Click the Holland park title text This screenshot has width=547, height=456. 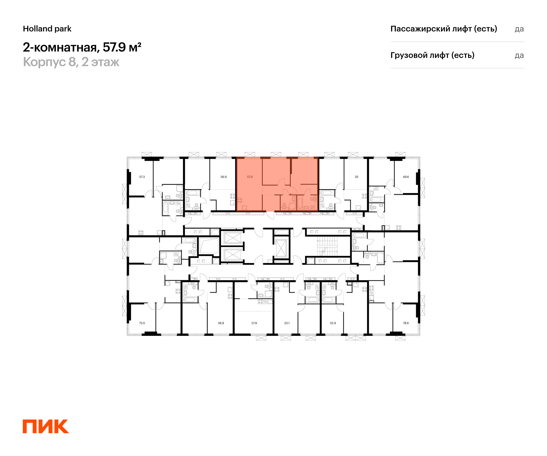tap(47, 29)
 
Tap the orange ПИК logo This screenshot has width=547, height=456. tap(46, 426)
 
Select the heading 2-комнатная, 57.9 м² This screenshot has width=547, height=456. tap(82, 47)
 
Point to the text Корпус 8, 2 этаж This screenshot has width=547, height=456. tap(71, 62)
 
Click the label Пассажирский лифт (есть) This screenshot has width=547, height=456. tap(443, 29)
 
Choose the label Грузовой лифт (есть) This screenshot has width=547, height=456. tap(432, 55)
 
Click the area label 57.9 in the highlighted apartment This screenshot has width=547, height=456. tap(250, 177)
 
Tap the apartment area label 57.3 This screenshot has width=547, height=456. tap(142, 177)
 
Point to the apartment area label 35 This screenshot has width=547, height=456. tap(356, 177)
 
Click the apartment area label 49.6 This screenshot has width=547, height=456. tap(405, 177)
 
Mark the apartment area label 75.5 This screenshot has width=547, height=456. tap(142, 323)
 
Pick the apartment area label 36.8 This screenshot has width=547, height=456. tap(221, 323)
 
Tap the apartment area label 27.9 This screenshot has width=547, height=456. tap(254, 323)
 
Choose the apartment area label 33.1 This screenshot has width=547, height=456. tap(286, 323)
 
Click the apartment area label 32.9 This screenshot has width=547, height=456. tap(333, 323)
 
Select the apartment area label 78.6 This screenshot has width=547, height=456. tap(405, 323)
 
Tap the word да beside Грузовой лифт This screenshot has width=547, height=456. tap(519, 55)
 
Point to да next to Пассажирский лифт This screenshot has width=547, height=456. tap(519, 29)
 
